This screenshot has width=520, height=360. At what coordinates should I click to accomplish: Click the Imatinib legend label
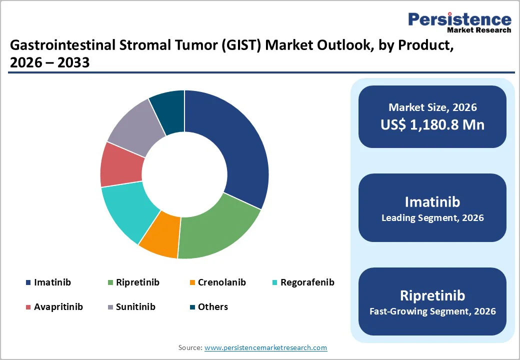click(52, 282)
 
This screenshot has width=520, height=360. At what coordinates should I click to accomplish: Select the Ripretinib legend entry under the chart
click(137, 282)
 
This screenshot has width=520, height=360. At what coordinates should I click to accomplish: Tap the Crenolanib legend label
click(221, 282)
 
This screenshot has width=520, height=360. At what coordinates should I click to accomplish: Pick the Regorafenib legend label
click(307, 282)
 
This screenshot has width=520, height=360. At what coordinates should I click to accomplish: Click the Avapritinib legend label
click(58, 306)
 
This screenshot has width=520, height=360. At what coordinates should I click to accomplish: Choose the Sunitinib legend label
click(135, 306)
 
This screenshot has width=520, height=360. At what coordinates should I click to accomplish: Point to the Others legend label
click(212, 306)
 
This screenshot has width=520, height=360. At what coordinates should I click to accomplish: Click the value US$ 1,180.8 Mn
click(432, 124)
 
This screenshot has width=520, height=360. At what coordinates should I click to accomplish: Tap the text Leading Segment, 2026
click(432, 218)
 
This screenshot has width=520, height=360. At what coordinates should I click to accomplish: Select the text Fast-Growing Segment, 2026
click(432, 311)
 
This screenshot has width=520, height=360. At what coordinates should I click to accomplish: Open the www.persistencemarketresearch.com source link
click(265, 347)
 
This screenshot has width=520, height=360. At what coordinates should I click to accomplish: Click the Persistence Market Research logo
click(459, 22)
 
